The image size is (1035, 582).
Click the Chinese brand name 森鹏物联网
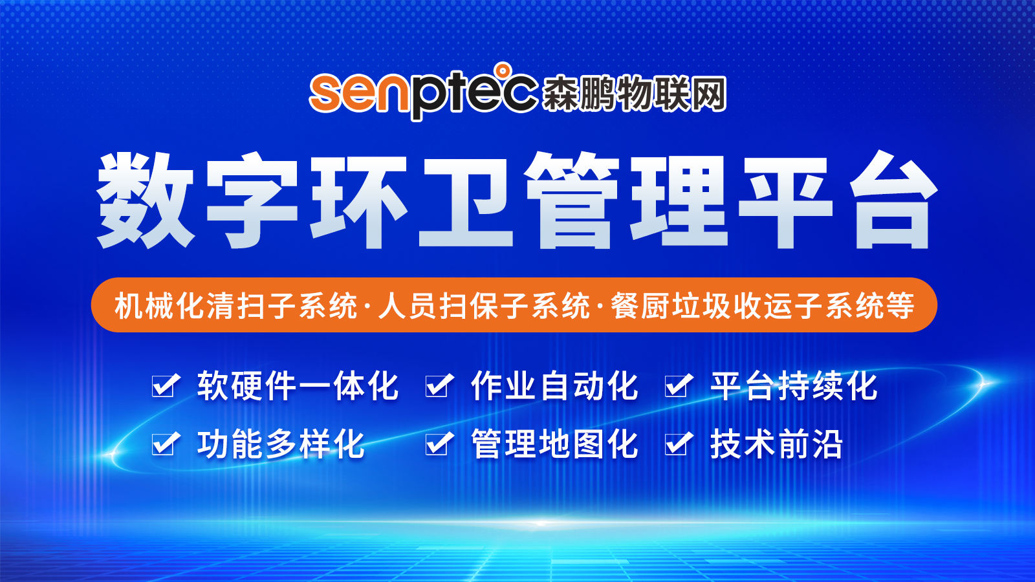(x=634, y=94)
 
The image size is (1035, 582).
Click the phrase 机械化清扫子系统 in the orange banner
(x=235, y=305)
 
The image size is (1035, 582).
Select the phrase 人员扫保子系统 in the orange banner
(x=485, y=305)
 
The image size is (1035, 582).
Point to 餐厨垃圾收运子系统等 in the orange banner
(x=763, y=305)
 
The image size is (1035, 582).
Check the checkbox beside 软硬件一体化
(x=164, y=385)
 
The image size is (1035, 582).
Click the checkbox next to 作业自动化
(x=438, y=385)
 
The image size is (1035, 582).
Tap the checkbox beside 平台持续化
(x=677, y=385)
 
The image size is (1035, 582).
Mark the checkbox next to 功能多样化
(x=164, y=444)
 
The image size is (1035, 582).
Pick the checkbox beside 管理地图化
(x=438, y=444)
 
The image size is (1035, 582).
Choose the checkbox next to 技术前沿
(x=677, y=444)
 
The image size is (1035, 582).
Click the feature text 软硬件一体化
(x=298, y=385)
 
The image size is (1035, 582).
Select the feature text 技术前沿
(x=777, y=444)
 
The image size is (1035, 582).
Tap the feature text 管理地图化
(x=554, y=444)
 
